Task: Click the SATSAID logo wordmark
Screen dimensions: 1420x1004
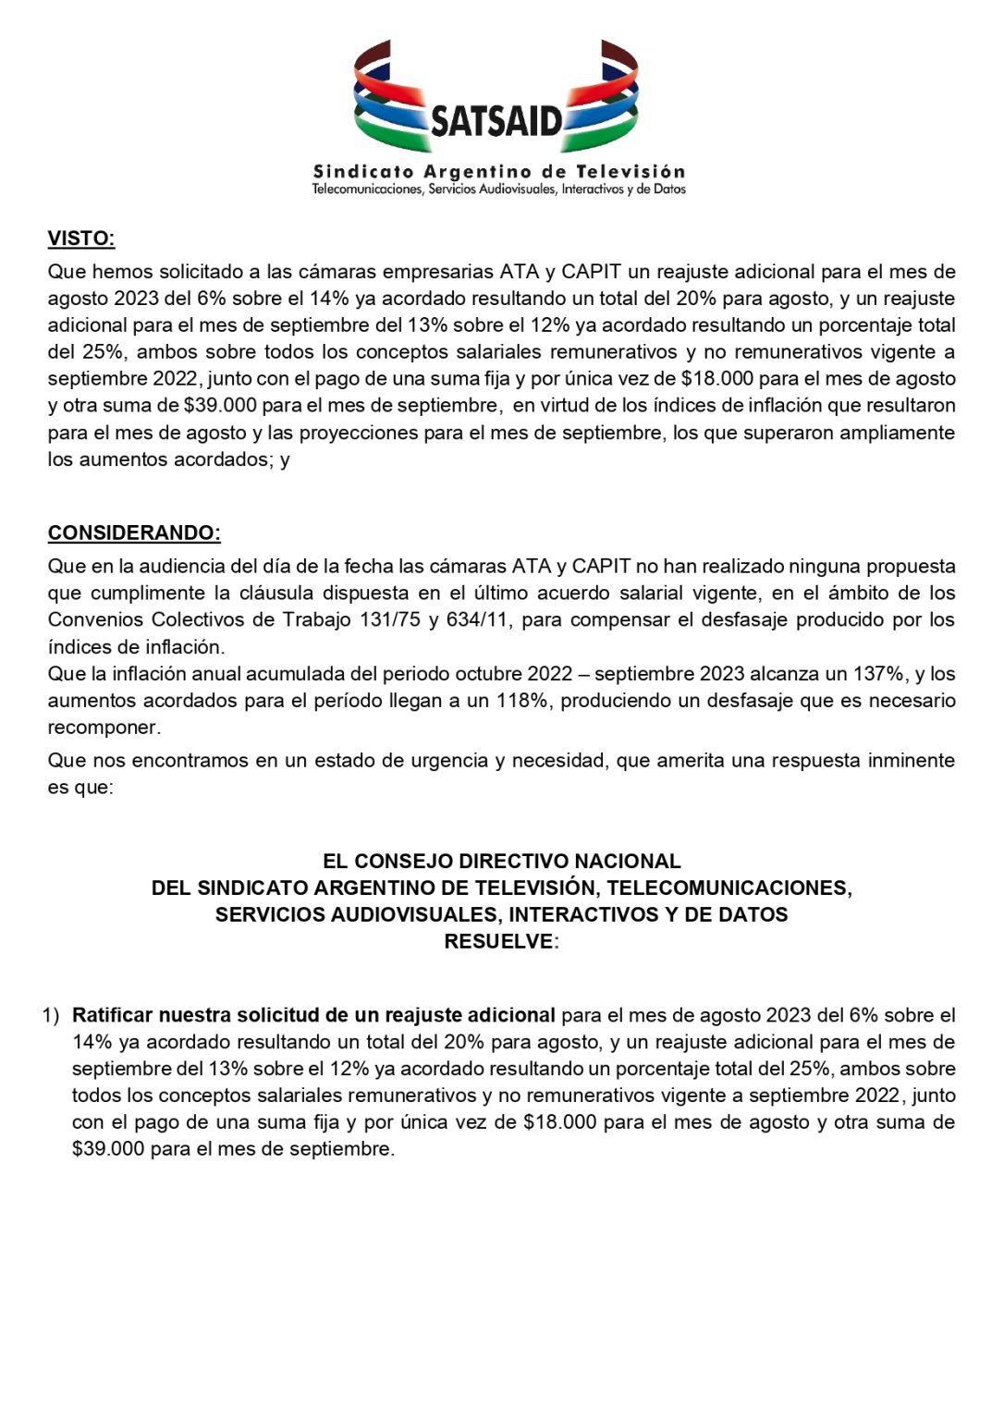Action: coord(496,121)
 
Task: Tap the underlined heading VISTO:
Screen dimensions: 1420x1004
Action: coord(81,239)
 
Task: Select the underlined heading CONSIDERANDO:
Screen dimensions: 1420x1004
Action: coord(134,532)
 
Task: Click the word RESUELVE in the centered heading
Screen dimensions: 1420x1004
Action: coord(498,941)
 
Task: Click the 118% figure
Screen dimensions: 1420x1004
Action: coord(520,700)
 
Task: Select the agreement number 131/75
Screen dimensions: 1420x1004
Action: coord(393,619)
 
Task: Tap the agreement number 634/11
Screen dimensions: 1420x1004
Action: coord(477,619)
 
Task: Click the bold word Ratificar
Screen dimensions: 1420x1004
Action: coord(112,1015)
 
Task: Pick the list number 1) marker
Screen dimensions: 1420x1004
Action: coord(51,1015)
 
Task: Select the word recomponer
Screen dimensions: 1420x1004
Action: coord(104,727)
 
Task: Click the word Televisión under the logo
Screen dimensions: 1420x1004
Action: coord(631,171)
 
